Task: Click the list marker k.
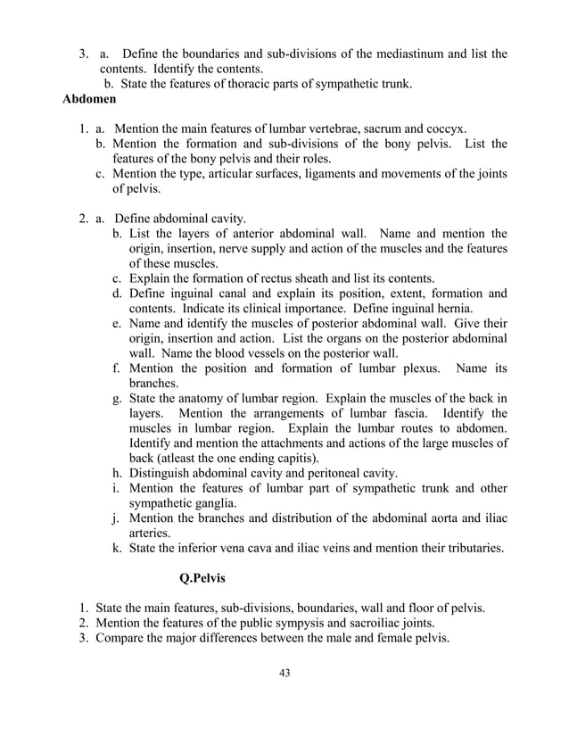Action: click(117, 547)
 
